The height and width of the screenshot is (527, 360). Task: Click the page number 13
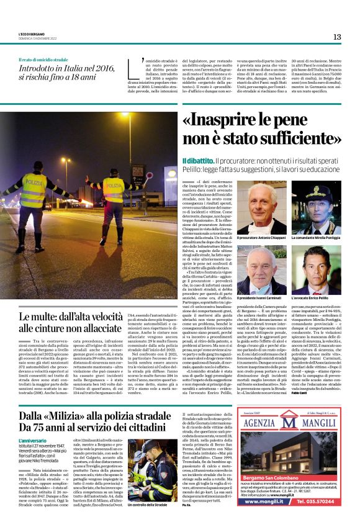click(x=337, y=37)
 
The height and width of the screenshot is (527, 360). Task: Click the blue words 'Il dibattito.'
click(x=197, y=161)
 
